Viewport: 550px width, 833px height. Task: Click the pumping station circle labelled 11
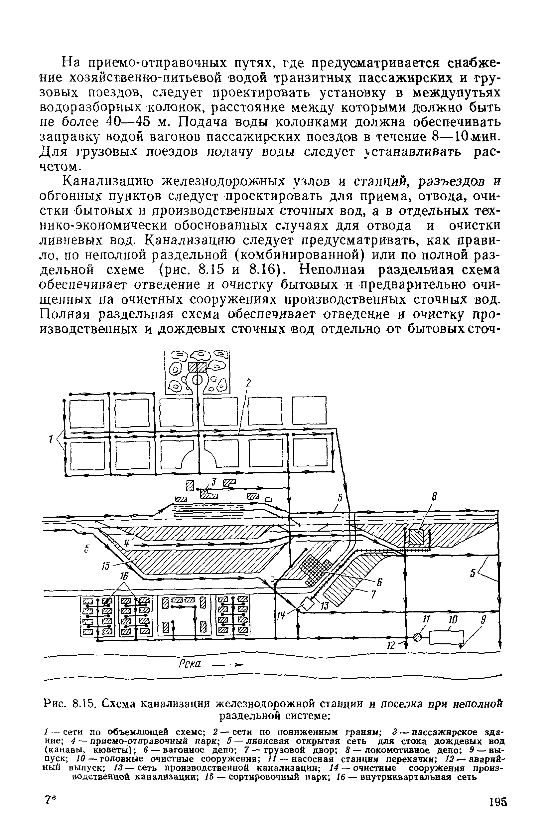point(417,638)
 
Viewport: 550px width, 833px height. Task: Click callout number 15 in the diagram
point(106,566)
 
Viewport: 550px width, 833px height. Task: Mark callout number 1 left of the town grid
point(51,438)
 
